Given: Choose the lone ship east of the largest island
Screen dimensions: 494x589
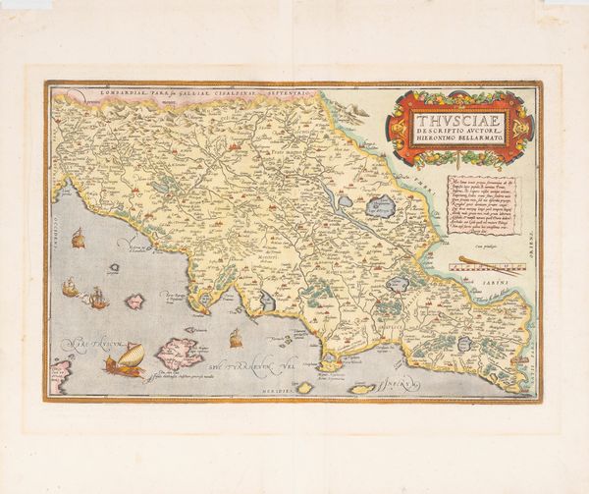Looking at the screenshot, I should pyautogui.click(x=235, y=339).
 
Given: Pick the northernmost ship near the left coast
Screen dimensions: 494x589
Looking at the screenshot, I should pyautogui.click(x=77, y=239).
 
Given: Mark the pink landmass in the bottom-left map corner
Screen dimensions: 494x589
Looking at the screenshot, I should pyautogui.click(x=61, y=374).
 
